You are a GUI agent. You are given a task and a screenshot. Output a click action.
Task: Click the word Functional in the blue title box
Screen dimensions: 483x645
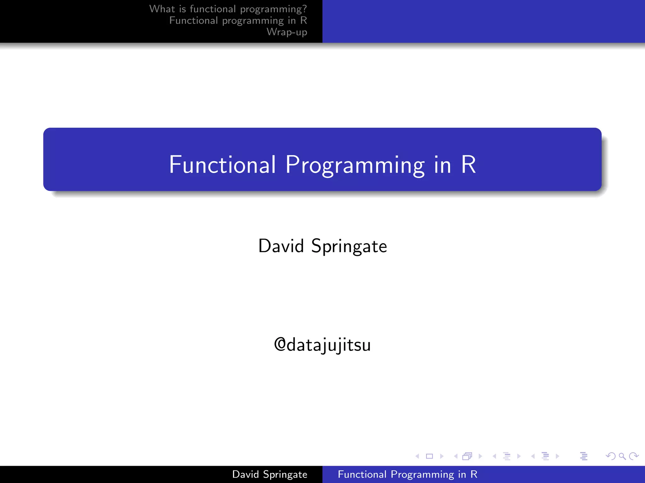click(222, 164)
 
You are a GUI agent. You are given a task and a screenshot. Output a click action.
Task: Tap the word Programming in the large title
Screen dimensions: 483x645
click(355, 164)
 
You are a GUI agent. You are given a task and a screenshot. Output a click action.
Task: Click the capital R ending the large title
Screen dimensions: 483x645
click(468, 164)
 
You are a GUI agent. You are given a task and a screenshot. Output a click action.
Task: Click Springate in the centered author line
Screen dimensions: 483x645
click(349, 247)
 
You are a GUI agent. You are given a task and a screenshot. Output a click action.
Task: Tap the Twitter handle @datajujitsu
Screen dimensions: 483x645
click(322, 345)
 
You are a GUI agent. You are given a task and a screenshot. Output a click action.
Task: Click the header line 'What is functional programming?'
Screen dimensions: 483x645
click(228, 9)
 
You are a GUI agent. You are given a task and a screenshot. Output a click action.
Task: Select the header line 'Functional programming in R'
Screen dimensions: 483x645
click(238, 20)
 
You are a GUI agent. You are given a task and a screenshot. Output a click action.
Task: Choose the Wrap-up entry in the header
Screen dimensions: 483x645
click(287, 32)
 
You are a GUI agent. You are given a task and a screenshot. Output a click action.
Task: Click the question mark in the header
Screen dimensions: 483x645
click(304, 9)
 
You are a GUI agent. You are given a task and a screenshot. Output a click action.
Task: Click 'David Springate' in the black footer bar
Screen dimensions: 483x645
click(270, 474)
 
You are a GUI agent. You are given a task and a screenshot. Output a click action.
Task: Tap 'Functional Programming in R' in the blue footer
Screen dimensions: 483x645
click(408, 474)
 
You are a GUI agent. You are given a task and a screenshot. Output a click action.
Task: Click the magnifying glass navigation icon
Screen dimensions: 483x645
click(622, 456)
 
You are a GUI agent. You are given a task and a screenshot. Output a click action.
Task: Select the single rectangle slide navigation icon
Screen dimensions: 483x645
click(429, 456)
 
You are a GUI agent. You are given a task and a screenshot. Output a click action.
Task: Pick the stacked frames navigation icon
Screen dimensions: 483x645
click(467, 456)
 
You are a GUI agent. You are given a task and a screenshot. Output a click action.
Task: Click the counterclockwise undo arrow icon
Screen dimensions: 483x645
click(610, 456)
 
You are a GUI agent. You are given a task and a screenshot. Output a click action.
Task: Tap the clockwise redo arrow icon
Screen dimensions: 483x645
click(634, 456)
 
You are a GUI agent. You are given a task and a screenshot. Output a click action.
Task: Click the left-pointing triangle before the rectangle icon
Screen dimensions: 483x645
click(417, 456)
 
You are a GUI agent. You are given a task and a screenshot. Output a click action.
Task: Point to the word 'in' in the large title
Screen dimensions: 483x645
click(442, 164)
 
